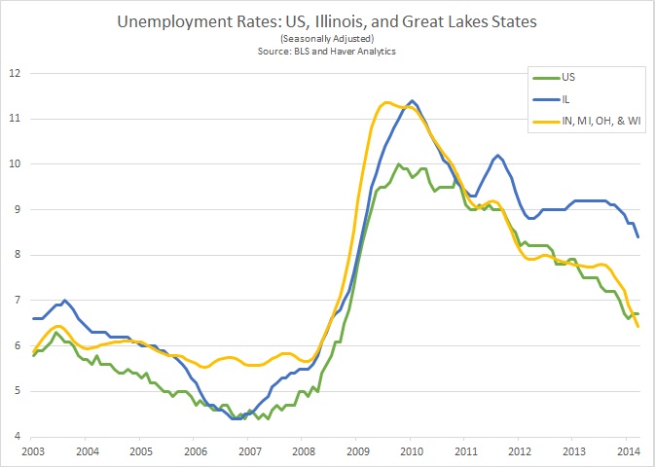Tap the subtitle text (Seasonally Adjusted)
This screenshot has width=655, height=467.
tap(327, 37)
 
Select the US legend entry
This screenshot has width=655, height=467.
tap(569, 74)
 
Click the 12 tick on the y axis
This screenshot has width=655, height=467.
tap(15, 73)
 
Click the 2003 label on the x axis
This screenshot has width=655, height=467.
tap(34, 452)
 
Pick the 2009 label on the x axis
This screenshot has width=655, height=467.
tap(356, 452)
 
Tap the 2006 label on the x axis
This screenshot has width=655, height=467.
tap(196, 452)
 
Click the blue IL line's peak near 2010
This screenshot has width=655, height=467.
tap(413, 100)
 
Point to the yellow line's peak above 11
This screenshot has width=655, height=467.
tap(386, 102)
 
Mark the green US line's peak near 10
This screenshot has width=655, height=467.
tap(399, 164)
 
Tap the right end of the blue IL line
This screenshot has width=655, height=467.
tap(637, 236)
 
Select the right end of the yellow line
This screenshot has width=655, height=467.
tap(637, 326)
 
